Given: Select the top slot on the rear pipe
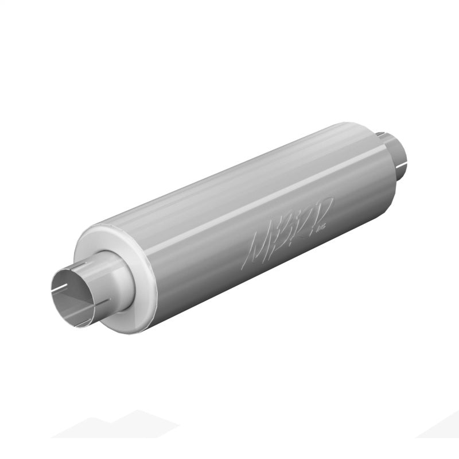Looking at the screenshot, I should tap(382, 134).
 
